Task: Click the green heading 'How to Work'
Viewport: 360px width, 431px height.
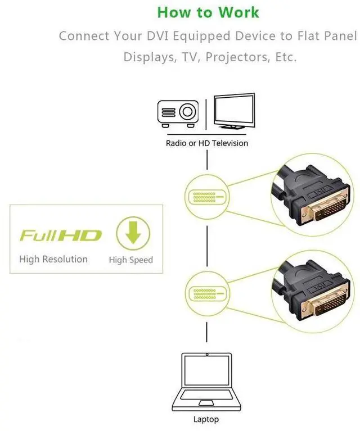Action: pyautogui.click(x=208, y=12)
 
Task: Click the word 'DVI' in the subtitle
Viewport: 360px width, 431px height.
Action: pyautogui.click(x=157, y=36)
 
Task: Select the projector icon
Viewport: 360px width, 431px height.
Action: pyautogui.click(x=178, y=114)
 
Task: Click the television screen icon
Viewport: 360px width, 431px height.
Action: pyautogui.click(x=234, y=111)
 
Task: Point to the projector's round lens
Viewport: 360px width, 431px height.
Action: pyautogui.click(x=188, y=112)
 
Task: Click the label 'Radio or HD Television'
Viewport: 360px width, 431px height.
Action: pyautogui.click(x=206, y=143)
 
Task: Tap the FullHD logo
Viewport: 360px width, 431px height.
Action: pyautogui.click(x=61, y=236)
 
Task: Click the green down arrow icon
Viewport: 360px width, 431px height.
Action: pyautogui.click(x=133, y=233)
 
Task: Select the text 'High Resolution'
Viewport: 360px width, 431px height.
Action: pyautogui.click(x=53, y=259)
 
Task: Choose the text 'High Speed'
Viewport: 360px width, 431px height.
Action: pyautogui.click(x=130, y=260)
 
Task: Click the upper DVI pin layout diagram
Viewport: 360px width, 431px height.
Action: pyautogui.click(x=206, y=197)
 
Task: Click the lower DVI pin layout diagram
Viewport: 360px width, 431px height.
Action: pyautogui.click(x=206, y=293)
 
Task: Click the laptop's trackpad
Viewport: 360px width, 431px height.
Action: pyautogui.click(x=206, y=403)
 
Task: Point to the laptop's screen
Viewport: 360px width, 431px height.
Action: pyautogui.click(x=206, y=370)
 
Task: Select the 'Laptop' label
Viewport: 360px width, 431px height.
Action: pyautogui.click(x=206, y=419)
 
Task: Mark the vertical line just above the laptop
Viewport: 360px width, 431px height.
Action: pyautogui.click(x=206, y=332)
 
